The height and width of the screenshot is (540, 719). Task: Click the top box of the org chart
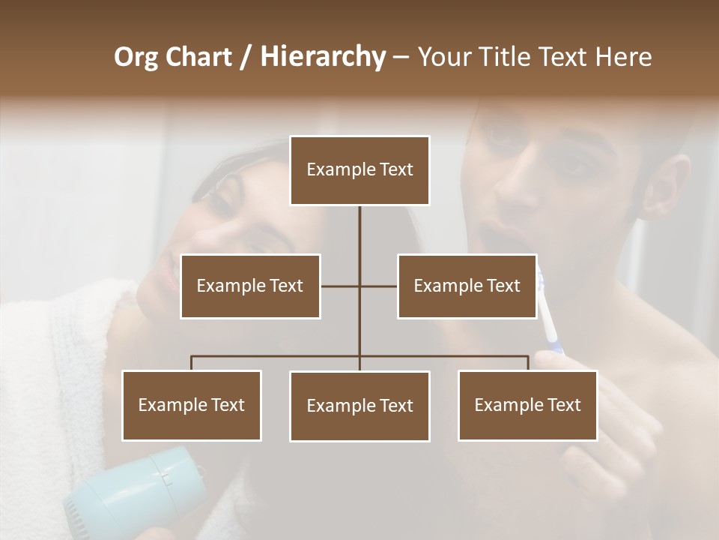click(x=359, y=170)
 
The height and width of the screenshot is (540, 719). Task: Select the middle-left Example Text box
click(x=250, y=286)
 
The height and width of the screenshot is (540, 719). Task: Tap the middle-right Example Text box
click(x=467, y=286)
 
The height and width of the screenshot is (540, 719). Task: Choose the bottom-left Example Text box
click(x=192, y=405)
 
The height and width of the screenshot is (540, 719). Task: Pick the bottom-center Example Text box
click(x=359, y=406)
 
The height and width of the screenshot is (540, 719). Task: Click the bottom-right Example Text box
click(x=527, y=405)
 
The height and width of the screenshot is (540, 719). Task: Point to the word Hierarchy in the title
click(x=323, y=57)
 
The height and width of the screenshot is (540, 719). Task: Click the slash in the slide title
click(x=246, y=57)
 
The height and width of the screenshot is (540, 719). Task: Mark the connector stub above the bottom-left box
click(x=192, y=363)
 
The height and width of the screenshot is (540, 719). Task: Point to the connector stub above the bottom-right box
click(x=528, y=363)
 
